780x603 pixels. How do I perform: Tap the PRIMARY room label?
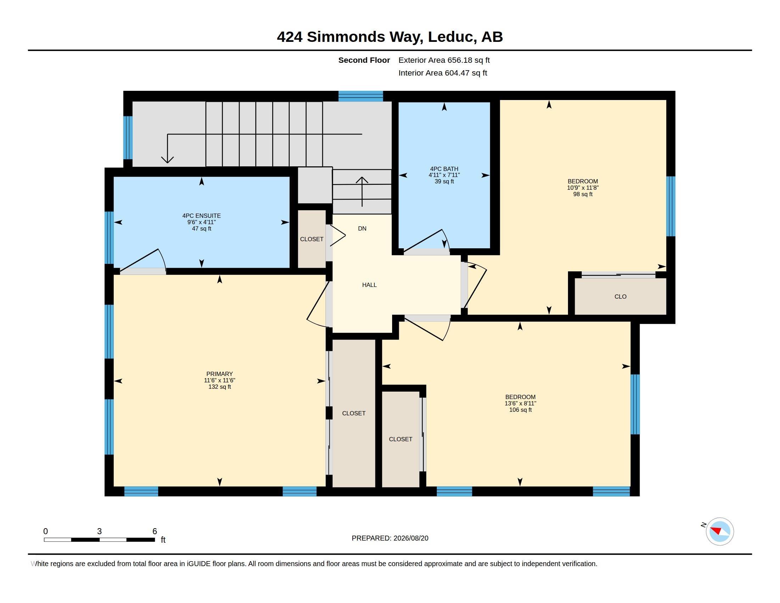[x=219, y=374]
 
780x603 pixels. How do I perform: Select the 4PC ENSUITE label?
[x=201, y=215]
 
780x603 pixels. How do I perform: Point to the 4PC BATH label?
[x=444, y=168]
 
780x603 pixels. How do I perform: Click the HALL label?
[x=369, y=285]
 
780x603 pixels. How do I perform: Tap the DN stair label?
[x=362, y=228]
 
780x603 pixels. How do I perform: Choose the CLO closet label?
[x=620, y=297]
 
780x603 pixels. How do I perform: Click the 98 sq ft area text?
[x=583, y=194]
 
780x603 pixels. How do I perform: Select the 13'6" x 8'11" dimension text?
[x=520, y=403]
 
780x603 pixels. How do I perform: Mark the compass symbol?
[x=720, y=531]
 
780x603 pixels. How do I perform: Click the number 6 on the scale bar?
[x=155, y=531]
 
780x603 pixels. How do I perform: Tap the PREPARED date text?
[x=390, y=538]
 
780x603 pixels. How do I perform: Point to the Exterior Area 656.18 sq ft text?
[x=444, y=60]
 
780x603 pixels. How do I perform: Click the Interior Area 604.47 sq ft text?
[x=442, y=73]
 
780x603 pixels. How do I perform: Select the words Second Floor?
[x=364, y=60]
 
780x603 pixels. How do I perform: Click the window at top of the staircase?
[x=361, y=96]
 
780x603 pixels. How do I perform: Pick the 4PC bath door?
[x=423, y=240]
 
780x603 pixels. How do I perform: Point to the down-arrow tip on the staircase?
[x=167, y=163]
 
